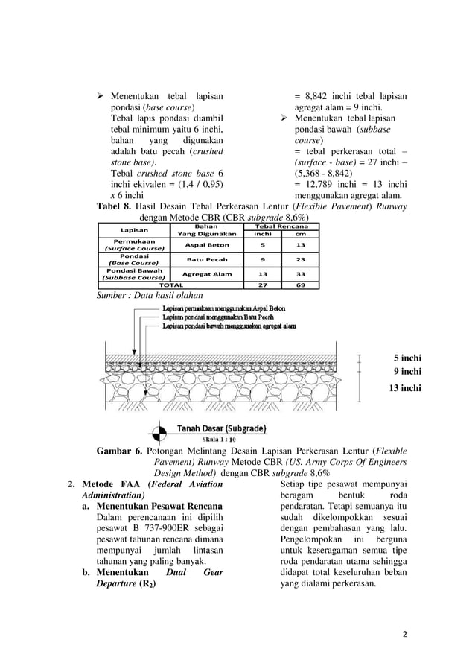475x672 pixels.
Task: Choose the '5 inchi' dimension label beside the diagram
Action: click(407, 357)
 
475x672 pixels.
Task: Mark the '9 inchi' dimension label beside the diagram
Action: click(407, 371)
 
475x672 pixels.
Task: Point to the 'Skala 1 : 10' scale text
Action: click(219, 440)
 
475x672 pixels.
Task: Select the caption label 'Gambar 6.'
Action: click(119, 451)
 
